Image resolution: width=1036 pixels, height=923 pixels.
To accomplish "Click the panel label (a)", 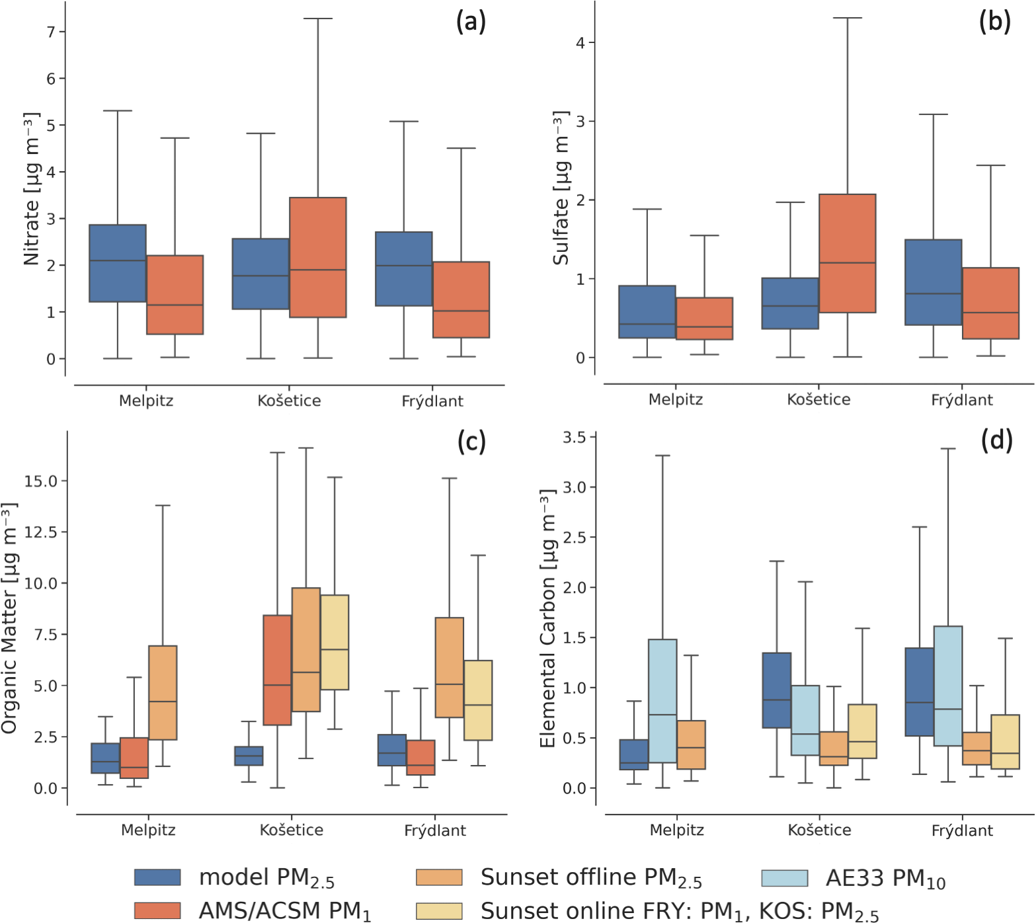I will click(471, 22).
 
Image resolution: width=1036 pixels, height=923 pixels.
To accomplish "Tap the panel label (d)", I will click(996, 440).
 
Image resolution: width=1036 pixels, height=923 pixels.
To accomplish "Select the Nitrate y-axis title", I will click(31, 189).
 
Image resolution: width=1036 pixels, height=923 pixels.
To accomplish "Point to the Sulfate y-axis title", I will click(561, 188).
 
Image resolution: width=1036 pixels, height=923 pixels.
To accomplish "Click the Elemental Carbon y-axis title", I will click(547, 619).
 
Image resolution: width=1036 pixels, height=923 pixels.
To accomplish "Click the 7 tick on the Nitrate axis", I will click(51, 32).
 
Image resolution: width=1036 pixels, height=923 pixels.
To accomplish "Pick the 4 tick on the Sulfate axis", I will click(580, 43).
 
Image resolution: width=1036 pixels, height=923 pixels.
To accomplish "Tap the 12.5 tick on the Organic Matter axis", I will click(41, 532).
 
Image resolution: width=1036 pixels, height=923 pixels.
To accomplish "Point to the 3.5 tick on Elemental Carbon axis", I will click(574, 437).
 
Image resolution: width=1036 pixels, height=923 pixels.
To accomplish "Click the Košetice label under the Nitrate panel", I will click(289, 401).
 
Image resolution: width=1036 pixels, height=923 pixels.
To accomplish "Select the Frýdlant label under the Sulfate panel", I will click(961, 400).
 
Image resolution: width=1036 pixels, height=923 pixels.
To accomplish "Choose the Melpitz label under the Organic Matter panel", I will click(148, 830).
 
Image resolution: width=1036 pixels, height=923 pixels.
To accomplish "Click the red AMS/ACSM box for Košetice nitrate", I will click(317, 257).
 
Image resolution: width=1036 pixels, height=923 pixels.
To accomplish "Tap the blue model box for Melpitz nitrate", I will click(118, 263).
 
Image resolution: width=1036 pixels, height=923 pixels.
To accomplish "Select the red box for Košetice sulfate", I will click(847, 253).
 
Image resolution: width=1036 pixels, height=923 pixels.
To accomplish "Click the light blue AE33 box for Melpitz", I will click(662, 701).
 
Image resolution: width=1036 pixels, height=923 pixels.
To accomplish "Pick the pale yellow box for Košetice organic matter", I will click(335, 642).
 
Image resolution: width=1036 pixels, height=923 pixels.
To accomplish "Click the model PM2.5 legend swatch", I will click(157, 877).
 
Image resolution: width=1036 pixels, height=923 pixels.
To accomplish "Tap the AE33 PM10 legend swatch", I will click(785, 878).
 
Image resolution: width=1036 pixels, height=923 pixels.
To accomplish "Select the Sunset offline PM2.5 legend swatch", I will click(439, 877).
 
